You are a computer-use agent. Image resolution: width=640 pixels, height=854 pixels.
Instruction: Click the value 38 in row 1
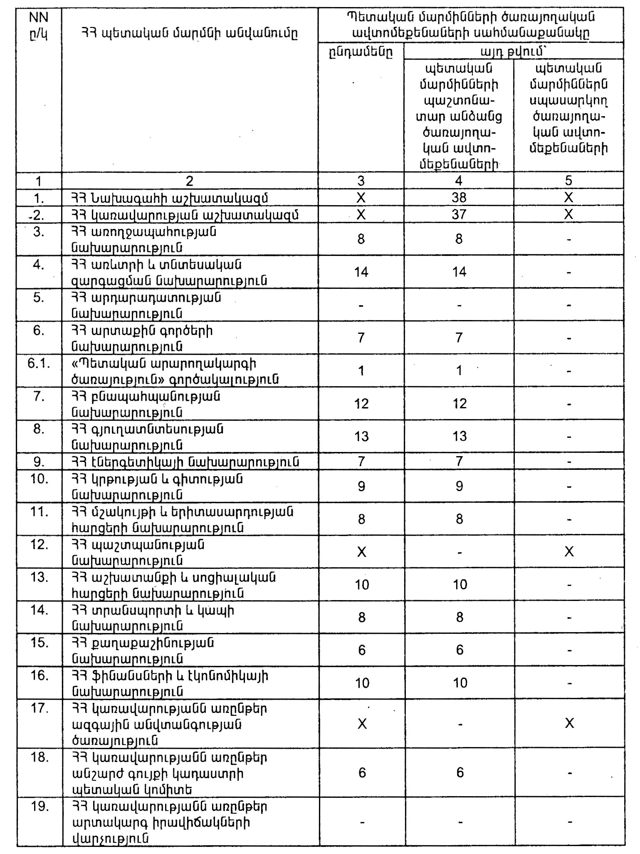point(459,198)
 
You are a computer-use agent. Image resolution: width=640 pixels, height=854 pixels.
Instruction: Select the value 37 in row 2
point(459,215)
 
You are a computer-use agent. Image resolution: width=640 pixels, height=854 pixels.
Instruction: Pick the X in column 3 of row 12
point(362,552)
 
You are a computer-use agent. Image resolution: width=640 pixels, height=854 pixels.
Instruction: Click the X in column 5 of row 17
point(569,723)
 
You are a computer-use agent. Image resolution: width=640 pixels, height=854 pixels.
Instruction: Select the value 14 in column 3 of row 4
point(361,272)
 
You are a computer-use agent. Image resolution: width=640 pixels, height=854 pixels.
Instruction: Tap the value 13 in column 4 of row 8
point(460,436)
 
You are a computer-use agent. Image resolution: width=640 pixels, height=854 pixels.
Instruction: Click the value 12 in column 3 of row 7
point(361,404)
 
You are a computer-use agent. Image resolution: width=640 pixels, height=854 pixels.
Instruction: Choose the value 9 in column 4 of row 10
point(459,486)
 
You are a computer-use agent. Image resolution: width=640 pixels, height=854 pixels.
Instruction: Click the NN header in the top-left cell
point(39,17)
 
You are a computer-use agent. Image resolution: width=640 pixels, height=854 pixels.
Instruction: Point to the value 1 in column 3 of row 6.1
point(361,371)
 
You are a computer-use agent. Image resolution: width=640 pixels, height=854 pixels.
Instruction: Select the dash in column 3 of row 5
point(361,305)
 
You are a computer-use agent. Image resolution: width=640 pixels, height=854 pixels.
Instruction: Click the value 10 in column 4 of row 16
point(460,683)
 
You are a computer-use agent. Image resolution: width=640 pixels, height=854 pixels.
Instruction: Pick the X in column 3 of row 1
point(361,198)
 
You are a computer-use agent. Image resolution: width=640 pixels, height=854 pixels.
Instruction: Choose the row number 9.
point(39,462)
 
